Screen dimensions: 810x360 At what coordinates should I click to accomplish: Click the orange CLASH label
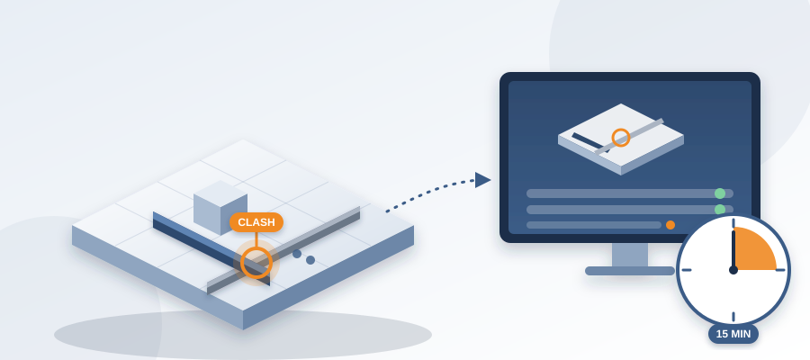pos(256,222)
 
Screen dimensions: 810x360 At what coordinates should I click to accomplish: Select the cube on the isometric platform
pos(220,207)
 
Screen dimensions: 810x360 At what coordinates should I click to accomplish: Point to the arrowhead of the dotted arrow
pos(482,180)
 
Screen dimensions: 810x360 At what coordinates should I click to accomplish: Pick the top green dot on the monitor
pos(720,193)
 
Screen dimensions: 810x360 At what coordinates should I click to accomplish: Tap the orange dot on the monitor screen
pos(670,225)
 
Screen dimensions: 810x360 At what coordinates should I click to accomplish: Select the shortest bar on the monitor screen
pos(594,225)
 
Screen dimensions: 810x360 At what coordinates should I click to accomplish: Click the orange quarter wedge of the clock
pos(752,250)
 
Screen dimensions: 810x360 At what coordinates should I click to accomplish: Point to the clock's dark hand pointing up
pos(733,250)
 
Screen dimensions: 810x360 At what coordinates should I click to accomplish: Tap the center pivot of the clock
pos(733,270)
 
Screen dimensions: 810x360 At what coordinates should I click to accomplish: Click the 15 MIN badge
pos(733,334)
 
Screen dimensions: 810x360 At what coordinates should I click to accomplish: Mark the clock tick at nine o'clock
pos(687,270)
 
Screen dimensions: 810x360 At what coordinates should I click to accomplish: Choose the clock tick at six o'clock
pos(733,316)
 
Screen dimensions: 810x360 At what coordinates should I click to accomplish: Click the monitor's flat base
pos(630,271)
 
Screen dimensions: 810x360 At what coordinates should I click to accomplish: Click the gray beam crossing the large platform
pos(283,250)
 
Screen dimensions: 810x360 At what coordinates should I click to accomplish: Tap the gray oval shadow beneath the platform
pos(243,334)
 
